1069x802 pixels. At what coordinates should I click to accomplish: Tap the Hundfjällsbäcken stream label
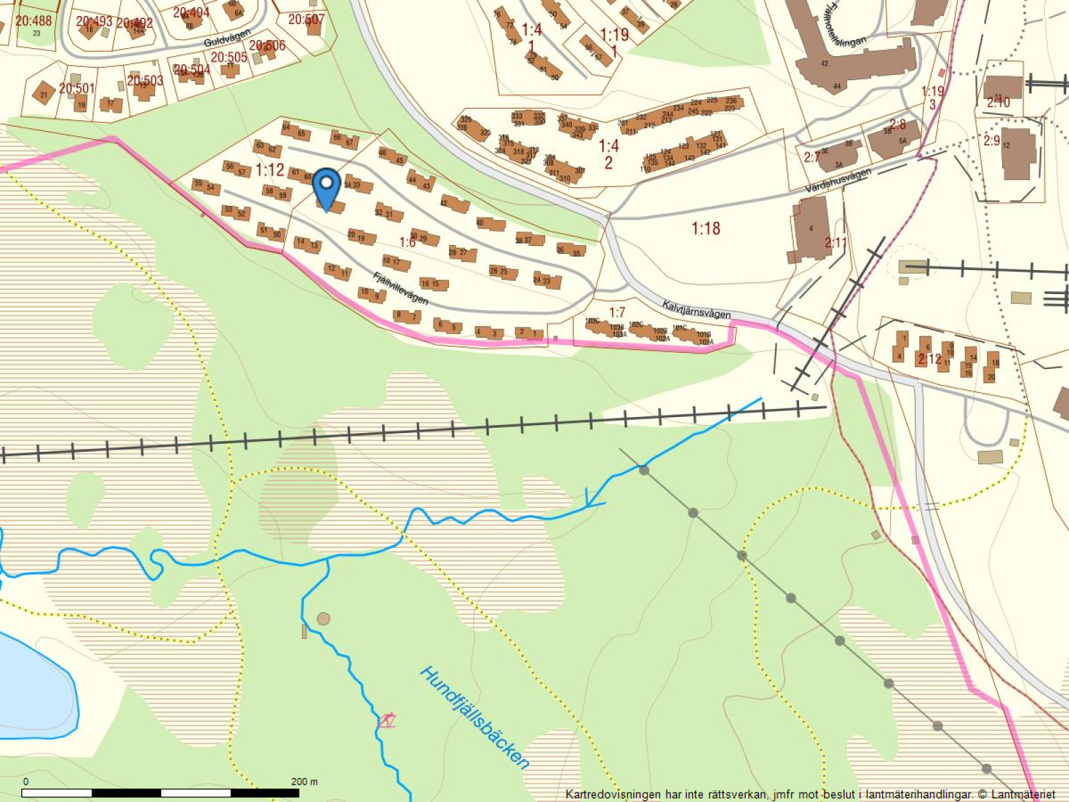coord(474,718)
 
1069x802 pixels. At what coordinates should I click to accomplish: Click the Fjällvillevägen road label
coord(401,288)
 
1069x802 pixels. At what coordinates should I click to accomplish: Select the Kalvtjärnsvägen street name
coord(696,309)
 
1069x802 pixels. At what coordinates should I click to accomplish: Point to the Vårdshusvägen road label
coord(838,181)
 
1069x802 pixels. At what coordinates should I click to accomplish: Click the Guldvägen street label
coord(227,37)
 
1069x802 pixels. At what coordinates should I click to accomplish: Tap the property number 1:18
coord(706,229)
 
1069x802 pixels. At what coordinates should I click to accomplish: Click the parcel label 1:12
coord(270,170)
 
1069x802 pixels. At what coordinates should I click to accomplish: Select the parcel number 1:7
coord(617,312)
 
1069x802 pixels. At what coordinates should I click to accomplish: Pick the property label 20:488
coord(33,21)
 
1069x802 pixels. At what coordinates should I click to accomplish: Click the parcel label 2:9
coord(991,140)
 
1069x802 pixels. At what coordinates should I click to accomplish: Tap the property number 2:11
coord(836,242)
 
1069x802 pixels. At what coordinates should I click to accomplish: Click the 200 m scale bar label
coord(305,781)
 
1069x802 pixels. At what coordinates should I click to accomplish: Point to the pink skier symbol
coord(386,720)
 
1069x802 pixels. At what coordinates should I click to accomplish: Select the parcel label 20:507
coord(306,19)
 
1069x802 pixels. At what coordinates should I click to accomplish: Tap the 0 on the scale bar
coord(26,781)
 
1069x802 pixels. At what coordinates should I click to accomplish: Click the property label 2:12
coord(929,359)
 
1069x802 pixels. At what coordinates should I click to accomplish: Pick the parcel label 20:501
coord(76,88)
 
